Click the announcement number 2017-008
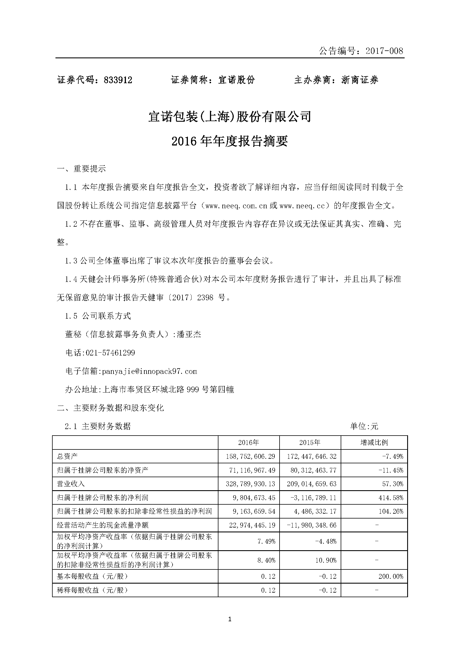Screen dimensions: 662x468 coord(384,51)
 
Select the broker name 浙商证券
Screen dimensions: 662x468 coord(360,80)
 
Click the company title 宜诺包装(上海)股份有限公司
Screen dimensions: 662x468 coord(230,117)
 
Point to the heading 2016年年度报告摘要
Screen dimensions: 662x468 coord(230,142)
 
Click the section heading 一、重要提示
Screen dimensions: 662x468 coord(81,169)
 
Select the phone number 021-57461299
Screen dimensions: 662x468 coord(110,353)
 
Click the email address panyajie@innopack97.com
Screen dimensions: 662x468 coord(149,371)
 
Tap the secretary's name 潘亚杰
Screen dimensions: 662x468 coord(189,335)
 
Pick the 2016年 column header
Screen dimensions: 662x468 coord(249,443)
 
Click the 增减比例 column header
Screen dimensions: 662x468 coord(374,443)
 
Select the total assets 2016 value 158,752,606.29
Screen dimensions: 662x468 coord(251,457)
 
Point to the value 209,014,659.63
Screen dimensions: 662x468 coord(312,484)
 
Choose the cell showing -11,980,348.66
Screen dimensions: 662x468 coord(312,525)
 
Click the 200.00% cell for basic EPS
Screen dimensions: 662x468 coord(391,576)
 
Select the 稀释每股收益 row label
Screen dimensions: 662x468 coord(92,590)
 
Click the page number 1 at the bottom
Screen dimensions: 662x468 coord(230,619)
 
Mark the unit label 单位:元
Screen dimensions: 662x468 coord(364,426)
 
